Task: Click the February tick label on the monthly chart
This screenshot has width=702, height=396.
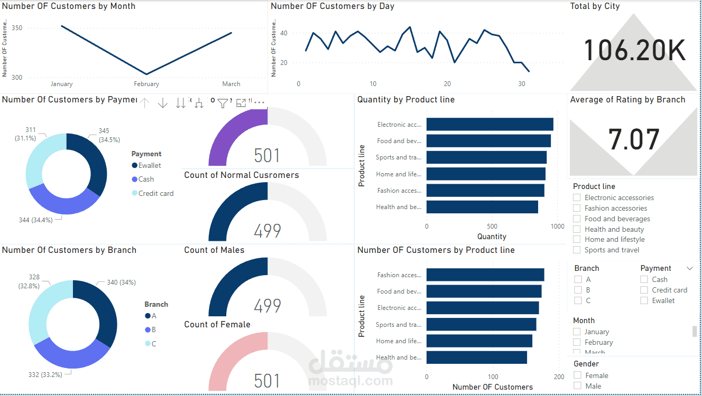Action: pos(146,84)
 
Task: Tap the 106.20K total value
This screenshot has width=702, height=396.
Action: pos(634,51)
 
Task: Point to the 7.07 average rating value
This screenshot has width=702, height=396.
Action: pos(634,140)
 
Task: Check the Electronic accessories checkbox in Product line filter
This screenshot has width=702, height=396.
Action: pos(577,197)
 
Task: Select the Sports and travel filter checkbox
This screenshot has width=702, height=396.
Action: pos(577,250)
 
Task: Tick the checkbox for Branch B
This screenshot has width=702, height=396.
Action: pos(578,290)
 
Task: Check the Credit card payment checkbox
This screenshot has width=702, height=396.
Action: pos(644,290)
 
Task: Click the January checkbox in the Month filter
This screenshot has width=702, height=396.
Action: pos(577,332)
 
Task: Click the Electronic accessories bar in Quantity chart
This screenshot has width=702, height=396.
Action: pos(489,125)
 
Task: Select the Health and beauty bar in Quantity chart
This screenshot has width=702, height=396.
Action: pos(482,207)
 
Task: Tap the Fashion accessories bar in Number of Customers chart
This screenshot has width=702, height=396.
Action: pos(485,275)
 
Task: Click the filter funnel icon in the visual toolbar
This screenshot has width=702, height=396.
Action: pos(223,103)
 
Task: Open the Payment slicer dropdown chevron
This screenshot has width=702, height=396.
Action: pos(689,269)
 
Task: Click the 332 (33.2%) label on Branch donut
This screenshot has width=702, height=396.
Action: pos(45,374)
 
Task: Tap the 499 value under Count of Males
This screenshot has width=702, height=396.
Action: pos(267,306)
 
